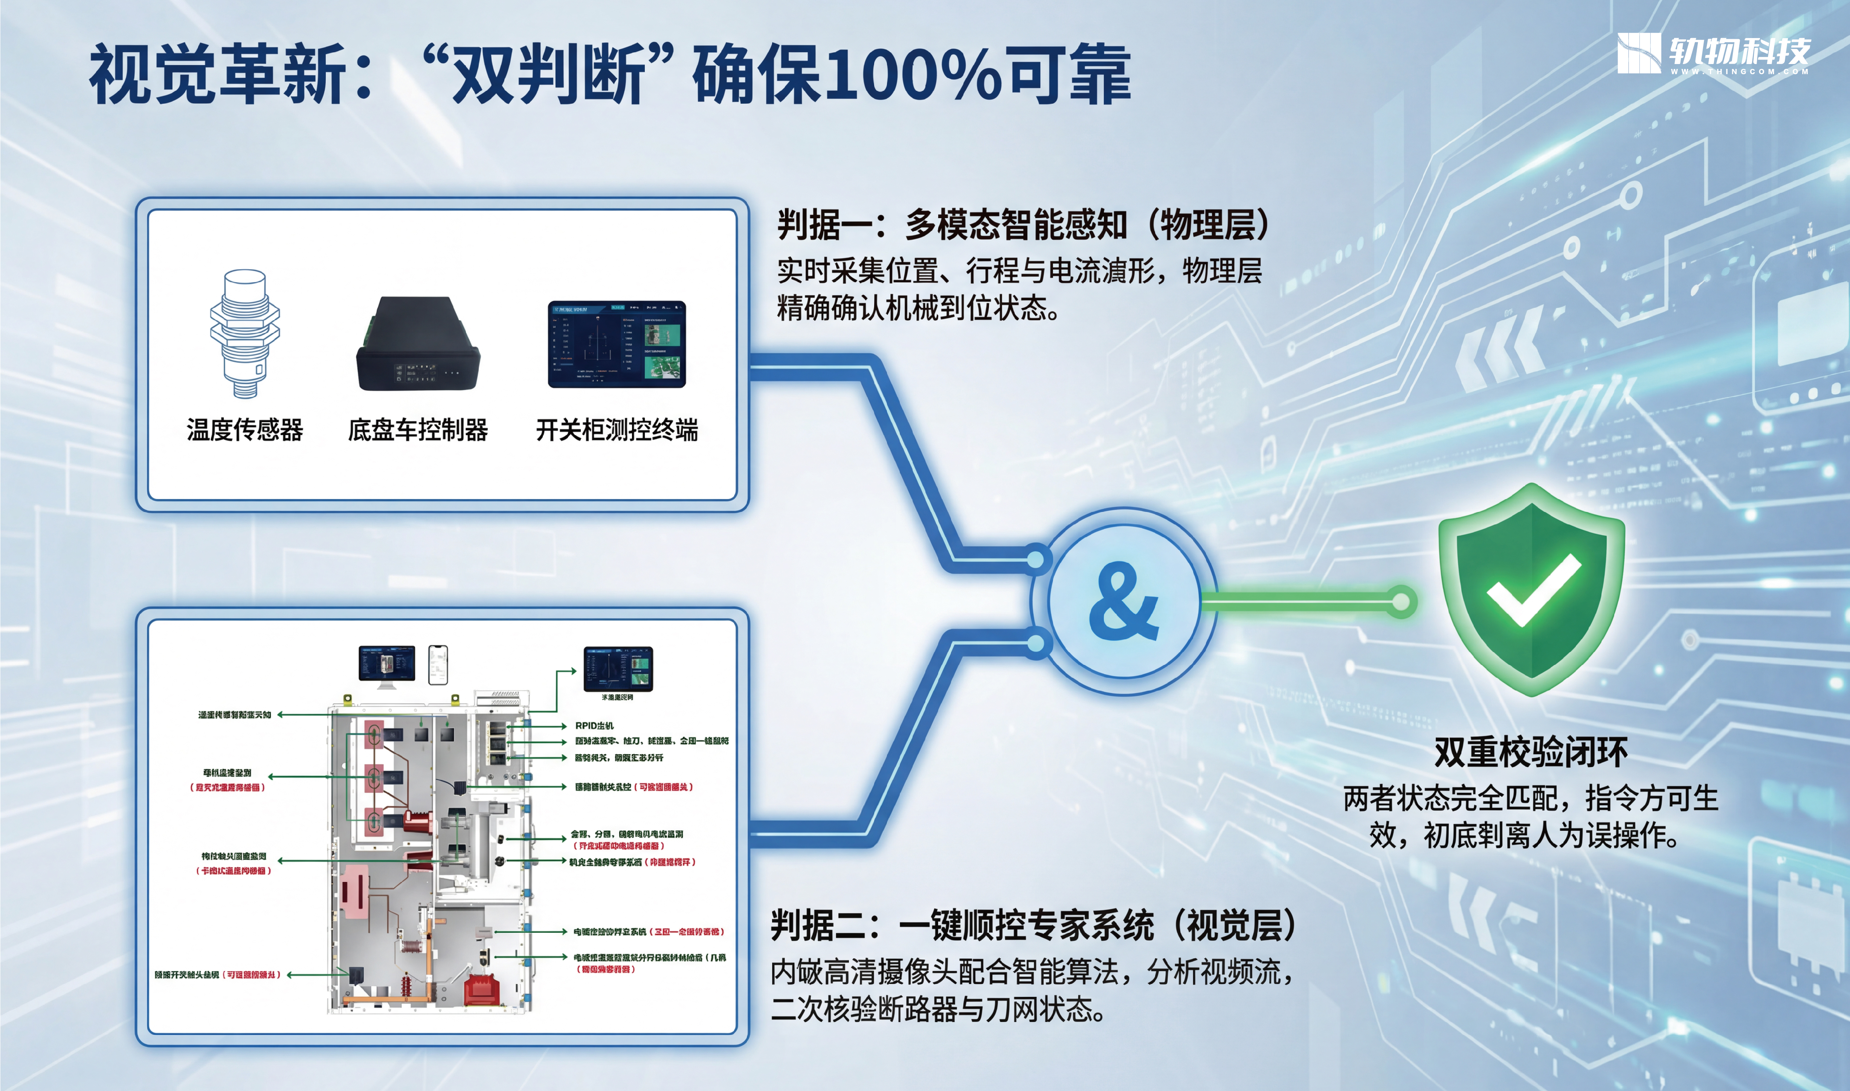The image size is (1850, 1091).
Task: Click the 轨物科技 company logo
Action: coord(1713,53)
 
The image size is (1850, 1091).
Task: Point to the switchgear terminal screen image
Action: coord(617,344)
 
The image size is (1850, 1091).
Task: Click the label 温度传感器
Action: coord(245,430)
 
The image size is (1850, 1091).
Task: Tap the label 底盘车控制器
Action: coord(417,430)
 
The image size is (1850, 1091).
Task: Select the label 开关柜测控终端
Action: coord(617,430)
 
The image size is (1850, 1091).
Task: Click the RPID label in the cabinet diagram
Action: coord(594,726)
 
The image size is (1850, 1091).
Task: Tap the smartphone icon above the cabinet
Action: coord(438,665)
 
